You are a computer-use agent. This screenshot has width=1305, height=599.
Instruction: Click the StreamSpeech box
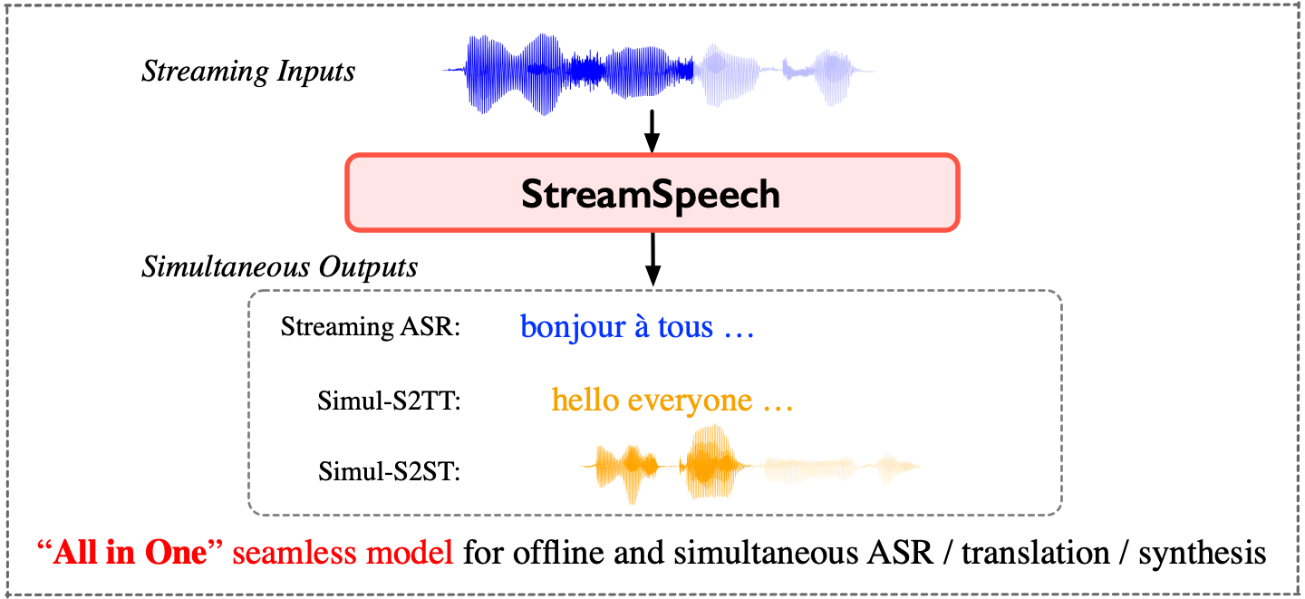click(x=651, y=193)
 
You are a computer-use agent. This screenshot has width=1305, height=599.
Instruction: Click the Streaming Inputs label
click(x=248, y=72)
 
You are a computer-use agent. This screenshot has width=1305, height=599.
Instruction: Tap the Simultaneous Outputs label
click(x=279, y=267)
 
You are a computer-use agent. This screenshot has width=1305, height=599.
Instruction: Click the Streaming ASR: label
click(x=371, y=327)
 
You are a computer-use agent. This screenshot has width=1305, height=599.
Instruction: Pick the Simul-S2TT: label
click(x=390, y=401)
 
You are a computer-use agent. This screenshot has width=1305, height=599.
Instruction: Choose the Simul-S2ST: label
click(x=390, y=471)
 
